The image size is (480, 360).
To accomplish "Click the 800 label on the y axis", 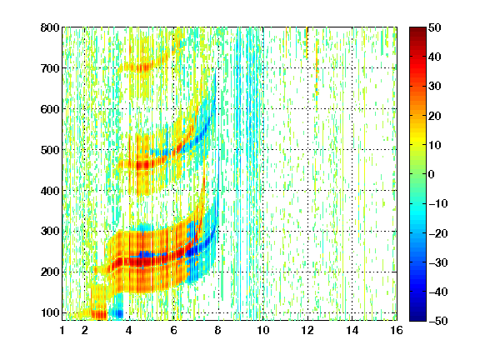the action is point(50,27).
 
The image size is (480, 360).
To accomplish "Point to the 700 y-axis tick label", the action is point(50,68).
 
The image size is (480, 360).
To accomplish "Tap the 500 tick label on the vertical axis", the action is point(50,150).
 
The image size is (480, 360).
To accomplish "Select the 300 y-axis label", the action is point(50,231).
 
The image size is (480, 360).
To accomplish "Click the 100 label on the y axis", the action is point(50,312).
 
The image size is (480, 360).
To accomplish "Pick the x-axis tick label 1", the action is point(62,330).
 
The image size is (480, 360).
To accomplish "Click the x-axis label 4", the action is point(128,330).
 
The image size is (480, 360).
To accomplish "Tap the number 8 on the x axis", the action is point(218,330).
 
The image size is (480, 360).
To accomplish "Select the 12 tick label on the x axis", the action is point(307,330).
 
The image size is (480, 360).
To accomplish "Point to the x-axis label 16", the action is point(397,330).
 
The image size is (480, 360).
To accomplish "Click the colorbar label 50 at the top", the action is point(435,27).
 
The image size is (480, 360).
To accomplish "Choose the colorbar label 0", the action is point(432,174).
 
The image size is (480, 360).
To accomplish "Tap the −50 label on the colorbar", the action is point(438,321).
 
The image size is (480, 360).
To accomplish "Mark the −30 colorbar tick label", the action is point(438,262).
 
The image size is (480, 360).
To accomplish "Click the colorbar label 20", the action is point(435,116).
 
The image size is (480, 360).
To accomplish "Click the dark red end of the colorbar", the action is point(417,30).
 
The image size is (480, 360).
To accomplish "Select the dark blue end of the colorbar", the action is point(417,318).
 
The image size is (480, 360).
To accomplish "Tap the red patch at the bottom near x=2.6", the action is point(98,314).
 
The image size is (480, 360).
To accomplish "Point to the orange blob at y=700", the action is point(141,67).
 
